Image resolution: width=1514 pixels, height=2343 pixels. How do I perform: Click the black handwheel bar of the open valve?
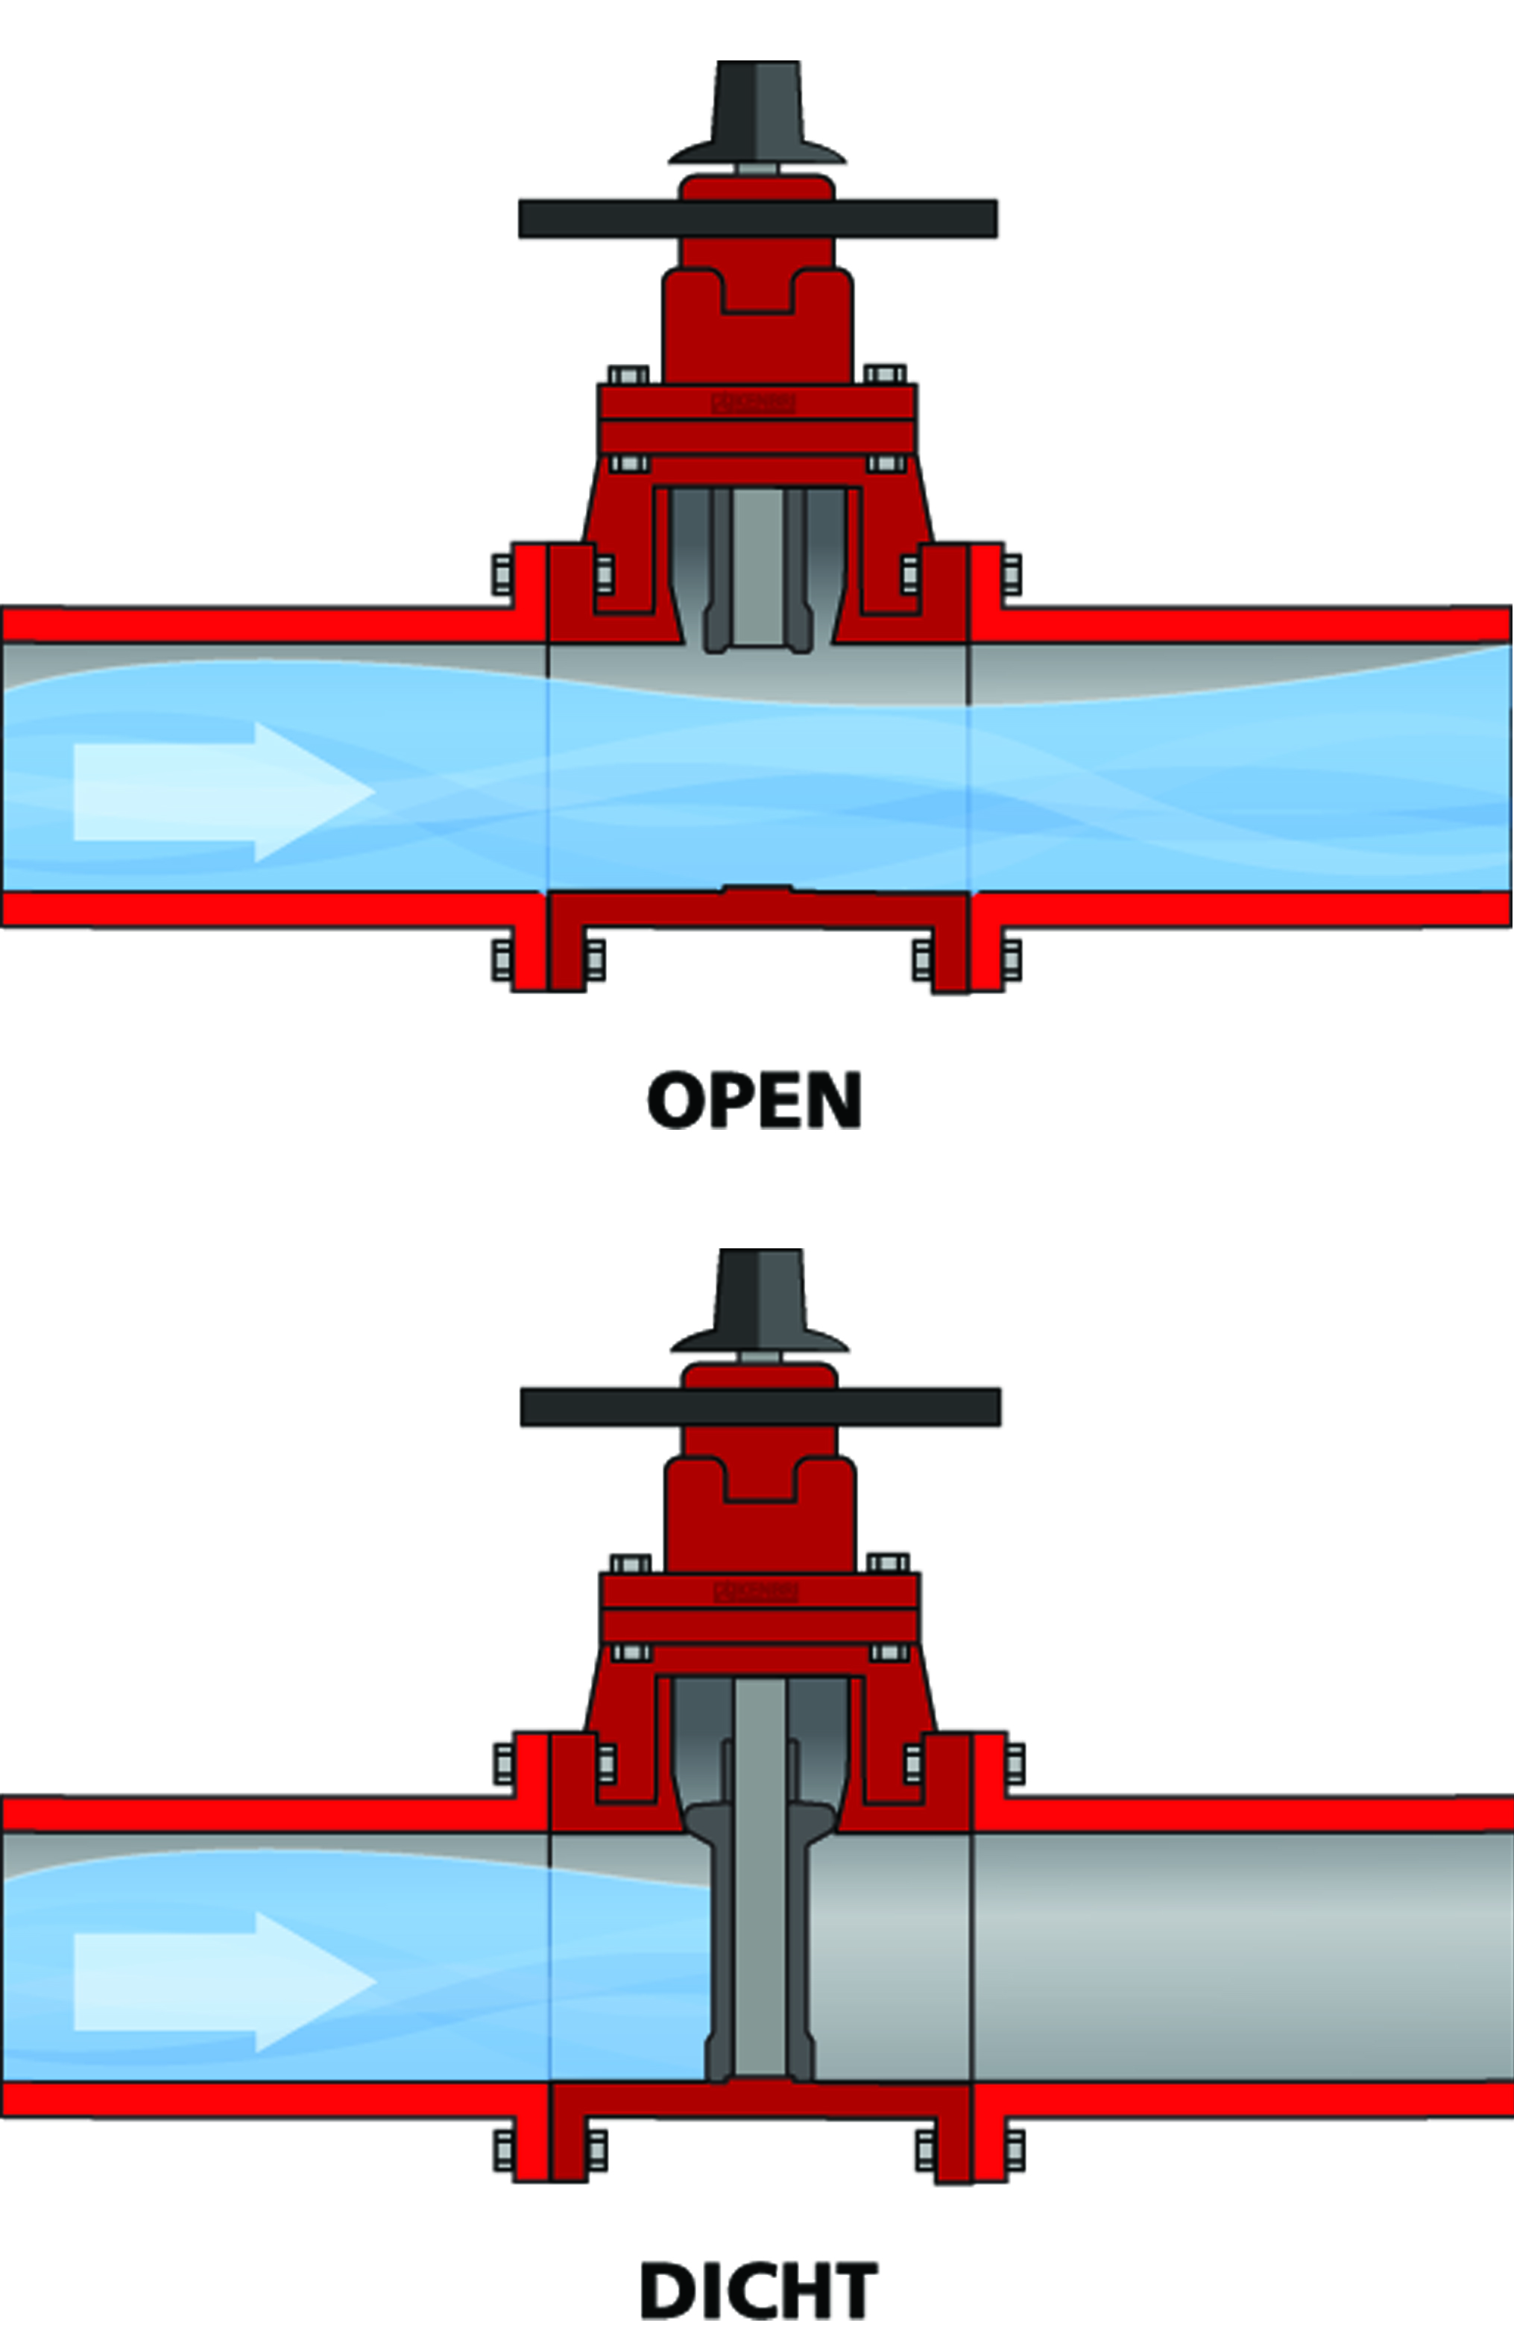(757, 218)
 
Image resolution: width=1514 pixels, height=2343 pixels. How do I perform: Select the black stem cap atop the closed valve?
(760, 1301)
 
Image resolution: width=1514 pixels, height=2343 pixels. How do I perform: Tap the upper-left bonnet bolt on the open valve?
(628, 374)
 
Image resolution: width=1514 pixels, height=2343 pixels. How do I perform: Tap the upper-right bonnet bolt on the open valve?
(885, 374)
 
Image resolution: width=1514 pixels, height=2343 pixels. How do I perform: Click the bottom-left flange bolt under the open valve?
(502, 960)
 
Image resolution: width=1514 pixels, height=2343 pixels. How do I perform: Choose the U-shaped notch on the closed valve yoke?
(760, 1485)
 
